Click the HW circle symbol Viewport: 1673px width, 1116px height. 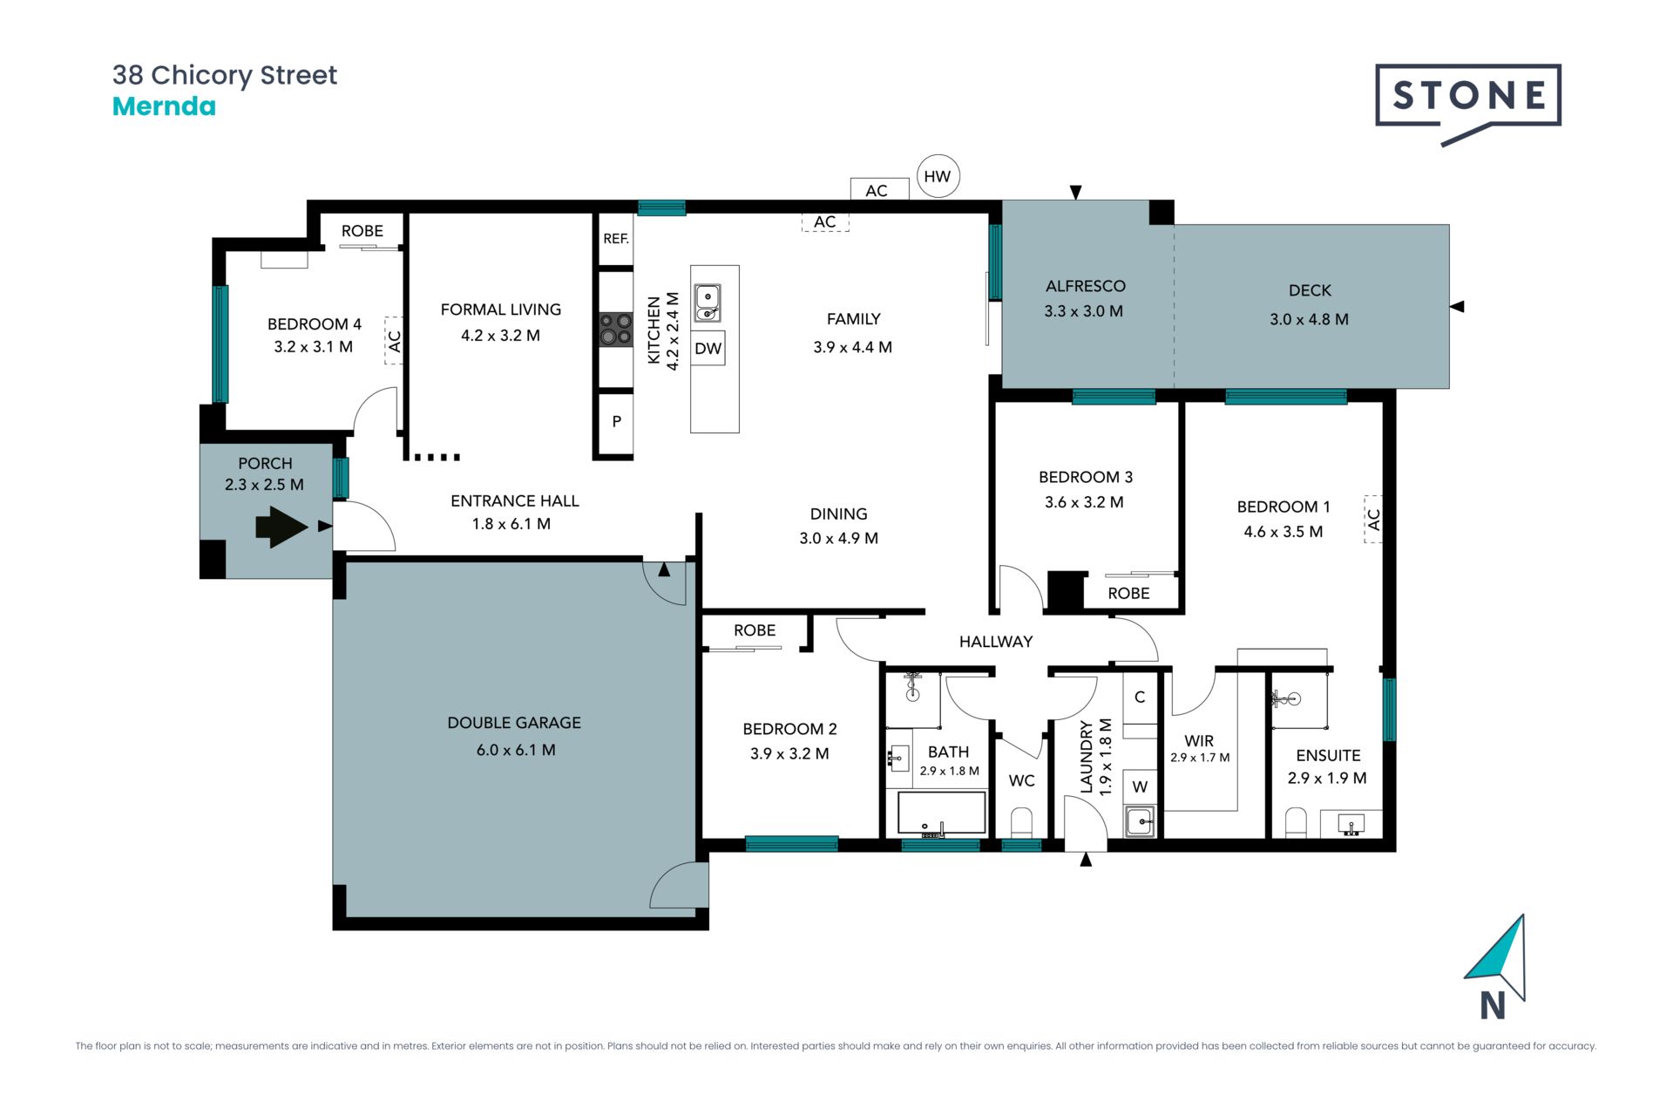(x=938, y=176)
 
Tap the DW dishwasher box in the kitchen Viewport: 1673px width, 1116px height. (x=708, y=349)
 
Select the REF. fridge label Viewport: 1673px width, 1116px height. (x=616, y=239)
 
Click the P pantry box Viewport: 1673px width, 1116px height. (x=616, y=421)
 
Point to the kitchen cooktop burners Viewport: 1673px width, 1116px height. (x=616, y=330)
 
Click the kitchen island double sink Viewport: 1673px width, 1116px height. (x=707, y=303)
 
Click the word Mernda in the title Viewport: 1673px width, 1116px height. (x=164, y=106)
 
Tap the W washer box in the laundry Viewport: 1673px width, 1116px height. (x=1140, y=786)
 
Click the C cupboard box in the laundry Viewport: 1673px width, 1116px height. (x=1140, y=697)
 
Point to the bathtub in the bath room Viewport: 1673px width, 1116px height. (x=942, y=813)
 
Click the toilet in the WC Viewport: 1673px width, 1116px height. (x=1021, y=823)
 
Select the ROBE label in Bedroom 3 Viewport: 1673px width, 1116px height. (x=1128, y=594)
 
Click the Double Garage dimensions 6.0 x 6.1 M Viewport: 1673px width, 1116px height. (x=516, y=750)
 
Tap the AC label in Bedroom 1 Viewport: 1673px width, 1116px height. (x=1373, y=520)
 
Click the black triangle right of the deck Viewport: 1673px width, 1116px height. (x=1457, y=307)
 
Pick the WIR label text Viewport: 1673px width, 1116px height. (x=1199, y=741)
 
